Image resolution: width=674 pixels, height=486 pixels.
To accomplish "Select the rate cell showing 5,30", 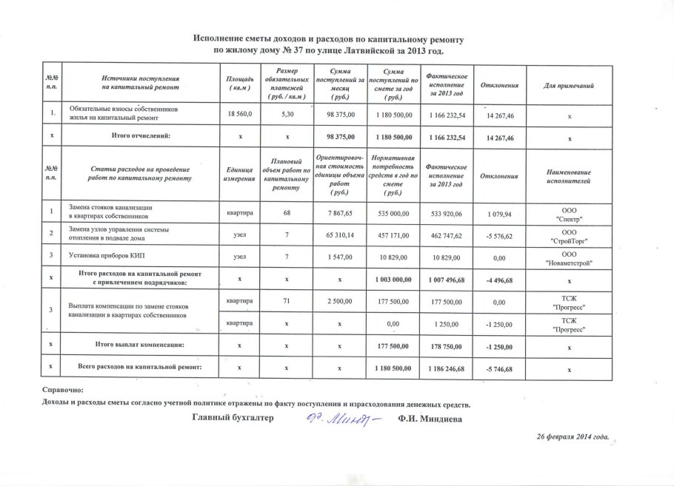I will (287, 115).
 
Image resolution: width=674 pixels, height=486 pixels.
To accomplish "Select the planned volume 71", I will (287, 302).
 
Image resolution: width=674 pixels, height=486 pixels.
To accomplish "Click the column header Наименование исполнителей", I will (569, 178).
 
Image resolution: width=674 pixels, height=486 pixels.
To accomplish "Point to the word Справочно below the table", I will (64, 390).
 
